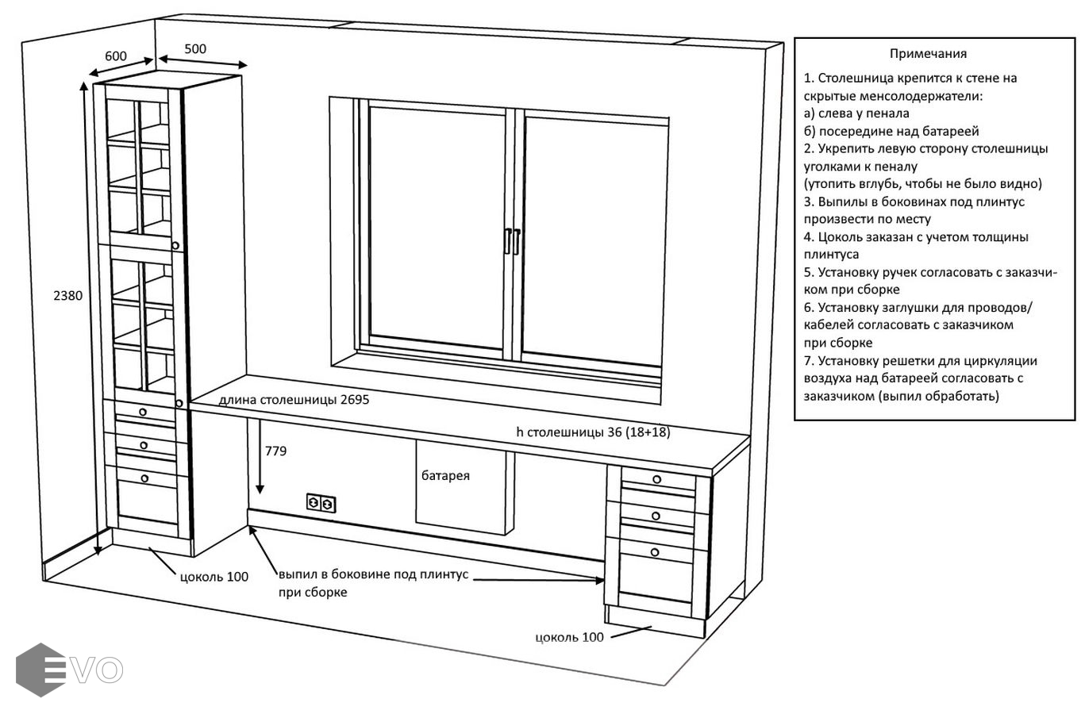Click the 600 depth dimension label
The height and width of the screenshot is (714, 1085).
(x=116, y=56)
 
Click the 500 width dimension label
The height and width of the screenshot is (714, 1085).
(x=195, y=49)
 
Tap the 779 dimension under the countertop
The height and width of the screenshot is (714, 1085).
(x=275, y=451)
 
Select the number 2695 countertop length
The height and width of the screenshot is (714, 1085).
(x=355, y=400)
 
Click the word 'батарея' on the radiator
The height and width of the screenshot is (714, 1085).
(x=445, y=476)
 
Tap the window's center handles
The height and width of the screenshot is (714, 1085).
(x=512, y=241)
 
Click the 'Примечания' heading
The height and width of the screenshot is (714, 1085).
(x=928, y=54)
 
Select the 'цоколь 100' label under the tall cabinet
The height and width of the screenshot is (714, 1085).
(x=214, y=577)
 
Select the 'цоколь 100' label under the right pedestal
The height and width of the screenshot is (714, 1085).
(x=569, y=637)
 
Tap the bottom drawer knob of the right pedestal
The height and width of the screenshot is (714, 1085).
(x=655, y=552)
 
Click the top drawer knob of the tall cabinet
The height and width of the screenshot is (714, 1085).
(x=143, y=411)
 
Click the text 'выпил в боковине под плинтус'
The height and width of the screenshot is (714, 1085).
(x=373, y=574)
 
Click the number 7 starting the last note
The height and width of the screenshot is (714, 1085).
(x=807, y=361)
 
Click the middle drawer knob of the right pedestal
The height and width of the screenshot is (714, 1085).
(x=656, y=516)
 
